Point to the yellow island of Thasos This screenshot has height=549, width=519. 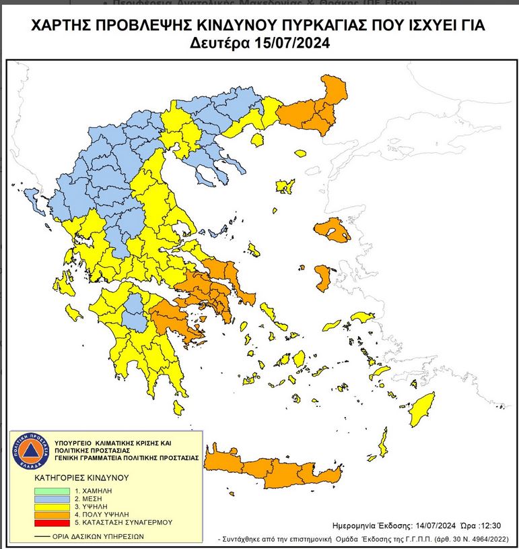pyautogui.click(x=256, y=140)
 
